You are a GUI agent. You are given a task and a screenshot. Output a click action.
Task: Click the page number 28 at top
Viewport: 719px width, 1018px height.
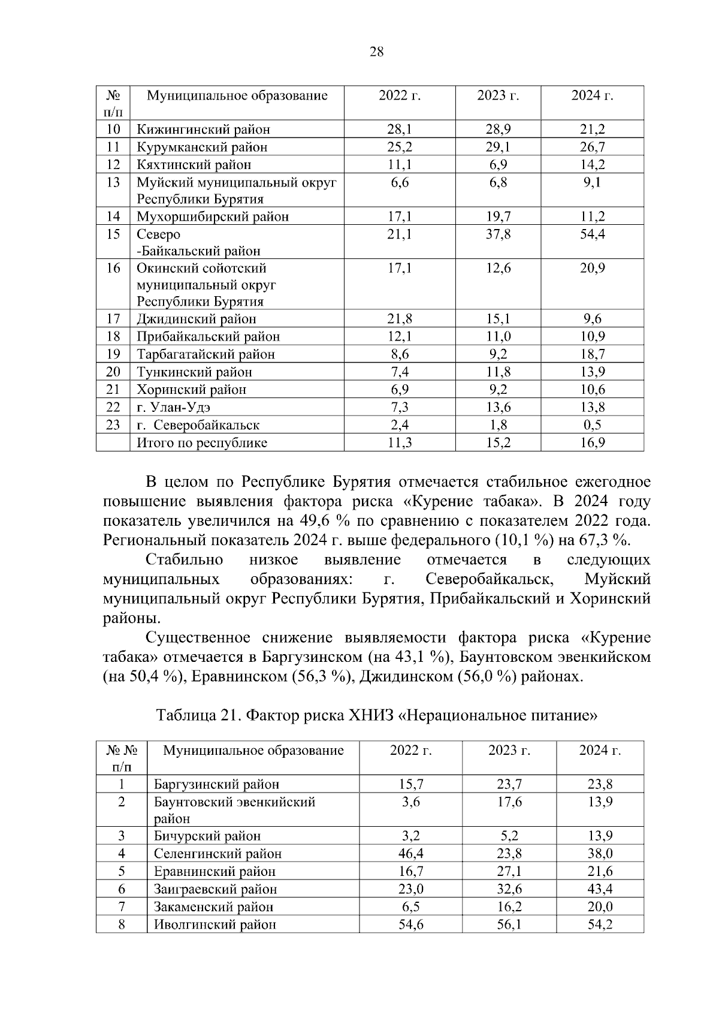tap(376, 52)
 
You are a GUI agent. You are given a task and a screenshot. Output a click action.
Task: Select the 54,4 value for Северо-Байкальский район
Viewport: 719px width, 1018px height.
tap(592, 234)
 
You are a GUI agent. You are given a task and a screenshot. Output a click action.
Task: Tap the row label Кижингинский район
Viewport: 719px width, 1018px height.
tap(203, 129)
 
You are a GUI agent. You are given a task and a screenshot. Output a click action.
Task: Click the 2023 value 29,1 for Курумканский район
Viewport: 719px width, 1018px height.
tap(498, 147)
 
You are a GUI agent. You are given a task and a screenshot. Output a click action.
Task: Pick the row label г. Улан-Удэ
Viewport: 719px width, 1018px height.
tap(174, 408)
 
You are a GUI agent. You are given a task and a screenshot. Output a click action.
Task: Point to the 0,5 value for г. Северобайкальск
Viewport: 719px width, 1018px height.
tap(592, 425)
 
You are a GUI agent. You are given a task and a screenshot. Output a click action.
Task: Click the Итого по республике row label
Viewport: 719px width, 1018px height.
tap(202, 443)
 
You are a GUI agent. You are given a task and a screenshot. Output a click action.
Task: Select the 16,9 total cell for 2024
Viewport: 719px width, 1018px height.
tap(592, 443)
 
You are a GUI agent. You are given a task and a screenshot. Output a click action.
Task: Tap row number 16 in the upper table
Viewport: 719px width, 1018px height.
tap(113, 268)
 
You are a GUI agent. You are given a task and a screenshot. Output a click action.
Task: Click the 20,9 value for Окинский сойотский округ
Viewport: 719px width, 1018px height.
tap(592, 268)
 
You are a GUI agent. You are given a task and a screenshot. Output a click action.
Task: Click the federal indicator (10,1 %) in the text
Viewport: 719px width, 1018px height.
tap(524, 540)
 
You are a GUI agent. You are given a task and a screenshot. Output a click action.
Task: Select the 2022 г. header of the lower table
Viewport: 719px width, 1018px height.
tap(411, 751)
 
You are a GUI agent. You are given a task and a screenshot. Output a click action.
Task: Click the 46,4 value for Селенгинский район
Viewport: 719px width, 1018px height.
tap(411, 854)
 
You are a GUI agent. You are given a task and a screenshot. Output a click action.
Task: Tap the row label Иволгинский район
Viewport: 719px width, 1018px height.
tap(215, 924)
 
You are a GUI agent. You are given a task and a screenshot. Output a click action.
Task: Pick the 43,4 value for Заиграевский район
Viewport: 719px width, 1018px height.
tap(600, 889)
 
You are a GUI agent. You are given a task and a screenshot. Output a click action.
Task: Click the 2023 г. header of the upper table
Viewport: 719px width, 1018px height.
tap(498, 95)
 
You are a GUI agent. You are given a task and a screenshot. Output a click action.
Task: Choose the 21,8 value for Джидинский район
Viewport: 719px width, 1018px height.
tap(400, 319)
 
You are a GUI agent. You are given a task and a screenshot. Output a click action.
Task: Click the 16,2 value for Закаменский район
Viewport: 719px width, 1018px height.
tap(509, 906)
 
